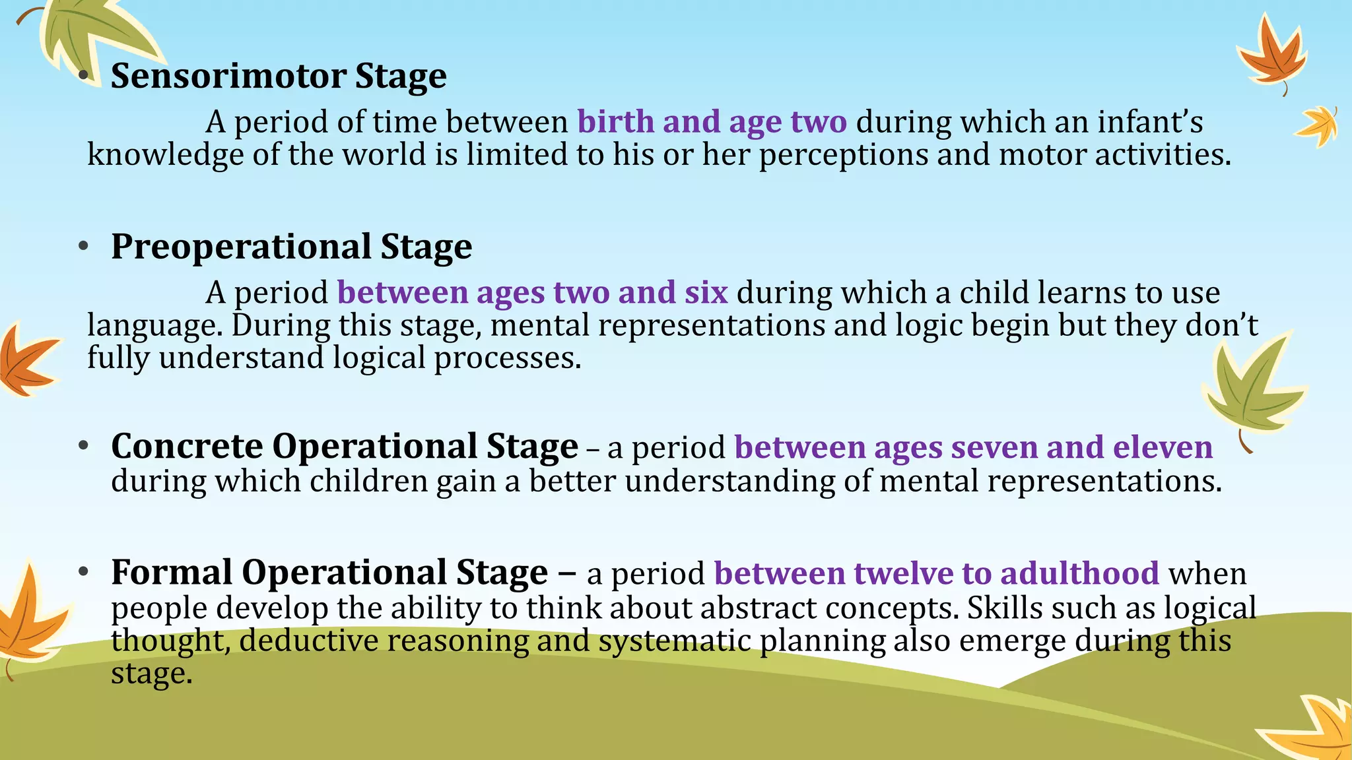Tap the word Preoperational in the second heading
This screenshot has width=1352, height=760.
click(241, 247)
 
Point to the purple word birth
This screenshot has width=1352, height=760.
click(615, 122)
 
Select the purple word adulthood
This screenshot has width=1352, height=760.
click(1079, 573)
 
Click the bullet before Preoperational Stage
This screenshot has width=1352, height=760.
click(83, 247)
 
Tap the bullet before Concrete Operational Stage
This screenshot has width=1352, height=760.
click(83, 447)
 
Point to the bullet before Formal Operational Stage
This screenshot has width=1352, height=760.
click(83, 572)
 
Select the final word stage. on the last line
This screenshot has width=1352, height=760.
click(151, 674)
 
